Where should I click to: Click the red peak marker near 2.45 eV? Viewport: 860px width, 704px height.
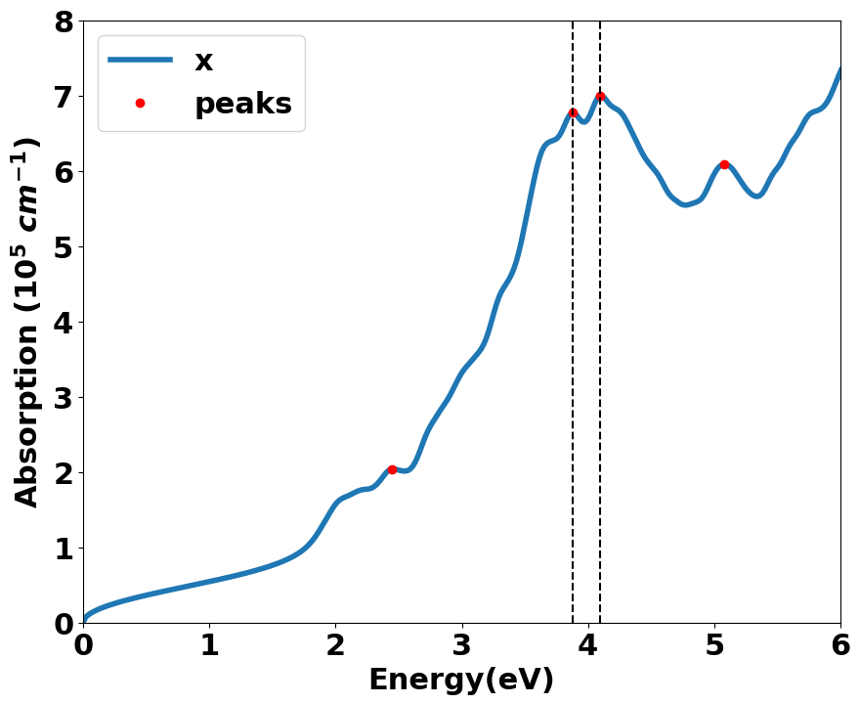click(392, 469)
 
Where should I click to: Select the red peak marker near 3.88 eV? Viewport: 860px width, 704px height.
click(573, 113)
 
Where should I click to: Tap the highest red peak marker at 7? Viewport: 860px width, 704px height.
click(600, 96)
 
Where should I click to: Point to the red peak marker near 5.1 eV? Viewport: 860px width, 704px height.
click(724, 164)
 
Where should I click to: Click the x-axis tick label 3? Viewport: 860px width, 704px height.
click(461, 646)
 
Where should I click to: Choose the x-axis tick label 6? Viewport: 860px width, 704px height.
click(840, 646)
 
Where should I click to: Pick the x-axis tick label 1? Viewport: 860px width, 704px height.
click(209, 646)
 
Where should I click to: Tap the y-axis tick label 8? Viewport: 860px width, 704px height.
click(64, 22)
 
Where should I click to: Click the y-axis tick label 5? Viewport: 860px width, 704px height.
click(64, 247)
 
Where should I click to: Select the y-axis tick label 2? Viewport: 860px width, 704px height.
click(64, 473)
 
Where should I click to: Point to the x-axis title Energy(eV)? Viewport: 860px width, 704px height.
click(461, 681)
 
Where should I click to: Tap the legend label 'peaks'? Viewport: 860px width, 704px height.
click(243, 103)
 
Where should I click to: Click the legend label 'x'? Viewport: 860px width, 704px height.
click(203, 61)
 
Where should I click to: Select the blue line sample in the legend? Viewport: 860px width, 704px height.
click(140, 61)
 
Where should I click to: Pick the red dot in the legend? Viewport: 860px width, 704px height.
click(140, 103)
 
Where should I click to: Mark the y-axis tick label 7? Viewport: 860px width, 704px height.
click(64, 97)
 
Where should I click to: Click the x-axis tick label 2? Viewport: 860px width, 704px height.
click(335, 646)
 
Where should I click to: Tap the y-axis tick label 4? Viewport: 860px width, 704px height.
click(64, 323)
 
